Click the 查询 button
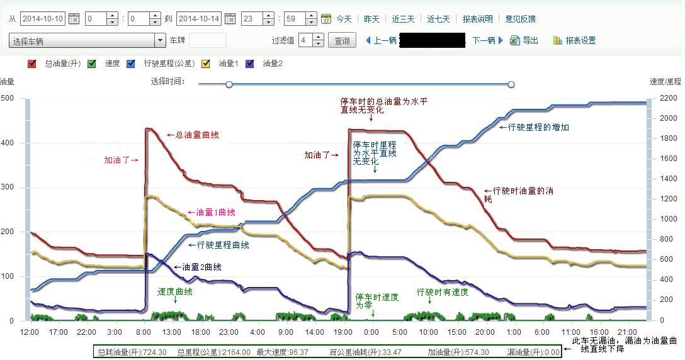342,40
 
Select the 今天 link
344,19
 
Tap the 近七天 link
438,19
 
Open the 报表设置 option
580,40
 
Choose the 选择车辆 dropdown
87,41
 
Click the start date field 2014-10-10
43,19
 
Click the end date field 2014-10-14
199,19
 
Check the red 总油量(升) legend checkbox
32,64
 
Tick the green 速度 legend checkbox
92,64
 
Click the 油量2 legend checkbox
250,64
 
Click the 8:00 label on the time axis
144,332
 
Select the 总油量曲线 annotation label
196,135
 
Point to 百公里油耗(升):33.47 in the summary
366,352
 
